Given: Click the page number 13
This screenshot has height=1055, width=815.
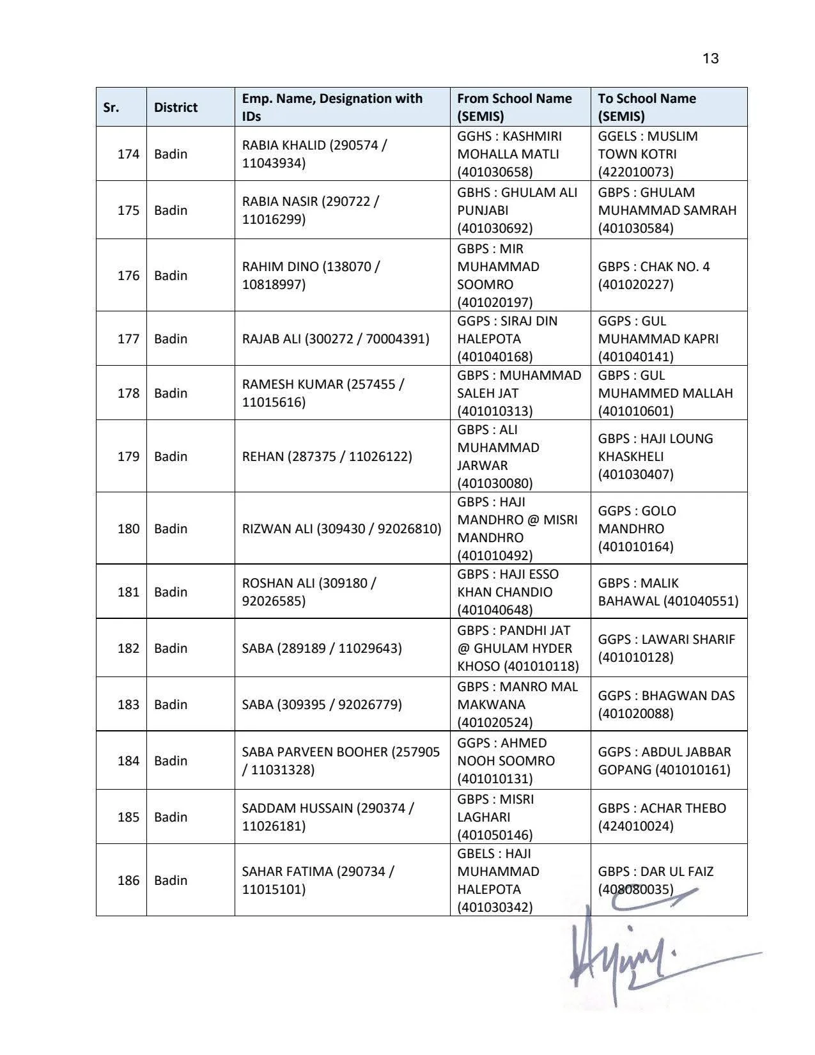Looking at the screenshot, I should (710, 59).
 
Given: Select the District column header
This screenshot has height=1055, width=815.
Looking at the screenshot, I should (176, 107).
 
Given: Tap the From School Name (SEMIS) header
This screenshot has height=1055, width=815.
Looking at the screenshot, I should (515, 107).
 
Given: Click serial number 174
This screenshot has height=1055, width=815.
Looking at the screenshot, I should (128, 154).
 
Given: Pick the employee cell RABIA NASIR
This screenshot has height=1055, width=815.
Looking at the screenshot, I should (311, 210).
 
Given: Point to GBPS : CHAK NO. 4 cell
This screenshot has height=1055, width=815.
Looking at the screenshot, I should (654, 276).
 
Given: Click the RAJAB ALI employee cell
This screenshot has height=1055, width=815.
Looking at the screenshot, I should (336, 339).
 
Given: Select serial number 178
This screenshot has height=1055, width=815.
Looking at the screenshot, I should (128, 393).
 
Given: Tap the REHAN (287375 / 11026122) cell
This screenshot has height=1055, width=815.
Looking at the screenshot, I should (327, 457).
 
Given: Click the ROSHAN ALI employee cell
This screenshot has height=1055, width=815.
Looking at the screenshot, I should (309, 592).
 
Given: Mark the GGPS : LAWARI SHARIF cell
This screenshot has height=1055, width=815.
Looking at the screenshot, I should (667, 648).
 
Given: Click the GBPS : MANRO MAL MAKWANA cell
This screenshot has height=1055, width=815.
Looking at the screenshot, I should (518, 705).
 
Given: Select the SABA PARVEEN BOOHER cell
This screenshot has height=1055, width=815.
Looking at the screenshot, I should (341, 761).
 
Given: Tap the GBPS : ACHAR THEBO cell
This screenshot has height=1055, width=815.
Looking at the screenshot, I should (662, 817).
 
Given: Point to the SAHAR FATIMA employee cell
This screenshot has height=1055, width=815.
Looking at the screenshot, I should (318, 880).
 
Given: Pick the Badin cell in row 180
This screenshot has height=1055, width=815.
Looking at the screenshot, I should (171, 529).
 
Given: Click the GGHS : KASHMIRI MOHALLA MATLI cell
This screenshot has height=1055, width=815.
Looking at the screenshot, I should (509, 154).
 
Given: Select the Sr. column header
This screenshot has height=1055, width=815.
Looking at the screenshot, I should (111, 107).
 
